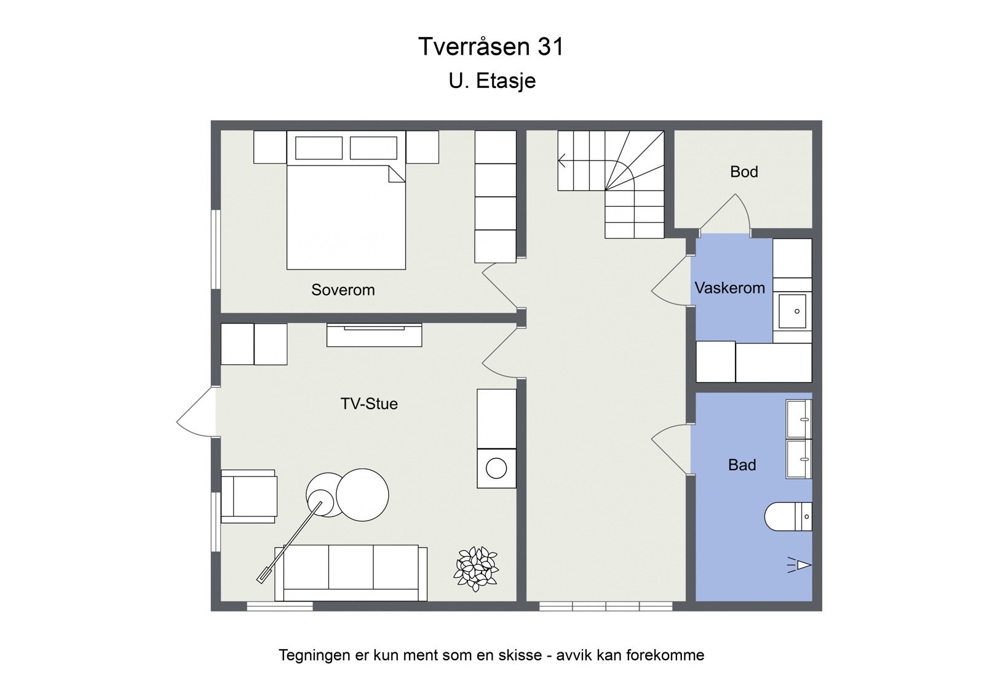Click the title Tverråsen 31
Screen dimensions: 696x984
tap(491, 47)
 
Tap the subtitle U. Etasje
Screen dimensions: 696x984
tap(492, 81)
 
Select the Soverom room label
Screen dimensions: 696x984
tap(343, 290)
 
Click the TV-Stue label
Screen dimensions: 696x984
tap(369, 404)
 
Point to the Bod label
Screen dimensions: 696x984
tap(744, 172)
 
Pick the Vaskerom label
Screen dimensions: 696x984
tap(729, 287)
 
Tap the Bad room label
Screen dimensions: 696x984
tap(742, 465)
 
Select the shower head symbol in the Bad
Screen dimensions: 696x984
tap(800, 565)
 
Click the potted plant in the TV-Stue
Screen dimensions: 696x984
tap(476, 568)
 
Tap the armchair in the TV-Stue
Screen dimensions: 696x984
tap(249, 496)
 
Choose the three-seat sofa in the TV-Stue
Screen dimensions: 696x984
tap(351, 572)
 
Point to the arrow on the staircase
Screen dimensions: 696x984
tap(563, 162)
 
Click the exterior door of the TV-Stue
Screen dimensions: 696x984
tap(196, 412)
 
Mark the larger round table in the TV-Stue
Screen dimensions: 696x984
tap(362, 495)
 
